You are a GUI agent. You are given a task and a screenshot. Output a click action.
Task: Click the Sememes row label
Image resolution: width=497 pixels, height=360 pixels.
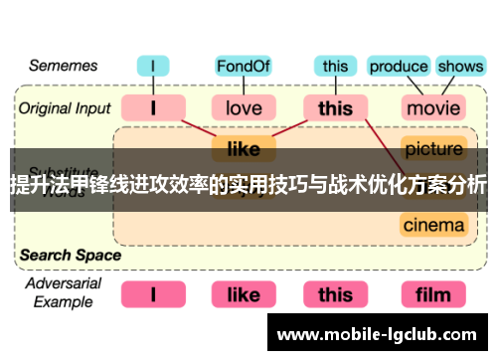point(62,67)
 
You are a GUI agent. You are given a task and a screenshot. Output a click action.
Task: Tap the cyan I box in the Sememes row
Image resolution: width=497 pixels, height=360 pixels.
point(152,67)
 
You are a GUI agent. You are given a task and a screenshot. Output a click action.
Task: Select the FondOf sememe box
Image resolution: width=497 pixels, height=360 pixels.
point(243,67)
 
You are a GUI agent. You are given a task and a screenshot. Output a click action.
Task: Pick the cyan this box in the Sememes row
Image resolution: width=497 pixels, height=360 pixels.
point(335,67)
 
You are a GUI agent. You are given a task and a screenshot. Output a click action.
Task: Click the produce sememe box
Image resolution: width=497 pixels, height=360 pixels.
point(398,67)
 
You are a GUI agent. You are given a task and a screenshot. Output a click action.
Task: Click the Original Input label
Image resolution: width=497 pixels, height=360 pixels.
point(63,106)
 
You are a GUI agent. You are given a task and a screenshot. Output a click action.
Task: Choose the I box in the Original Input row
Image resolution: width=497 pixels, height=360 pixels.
point(152,106)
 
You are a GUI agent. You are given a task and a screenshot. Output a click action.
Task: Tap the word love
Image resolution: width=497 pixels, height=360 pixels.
point(244,106)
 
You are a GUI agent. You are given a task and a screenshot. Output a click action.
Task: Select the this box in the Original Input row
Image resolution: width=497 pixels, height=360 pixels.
point(335,106)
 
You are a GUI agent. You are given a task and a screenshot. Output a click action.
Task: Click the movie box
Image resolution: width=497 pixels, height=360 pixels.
point(433,106)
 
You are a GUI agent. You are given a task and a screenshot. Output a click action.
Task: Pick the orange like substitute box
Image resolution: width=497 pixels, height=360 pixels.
point(244,149)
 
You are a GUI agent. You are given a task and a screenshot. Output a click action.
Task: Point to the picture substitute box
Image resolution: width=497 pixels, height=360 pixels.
point(433,149)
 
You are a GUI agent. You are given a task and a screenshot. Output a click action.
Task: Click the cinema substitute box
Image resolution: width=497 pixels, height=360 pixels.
point(433,225)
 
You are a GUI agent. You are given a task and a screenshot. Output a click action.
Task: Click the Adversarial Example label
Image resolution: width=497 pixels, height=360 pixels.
point(62,292)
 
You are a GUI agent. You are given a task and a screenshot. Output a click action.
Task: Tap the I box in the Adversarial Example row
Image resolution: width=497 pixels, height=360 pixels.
point(152,294)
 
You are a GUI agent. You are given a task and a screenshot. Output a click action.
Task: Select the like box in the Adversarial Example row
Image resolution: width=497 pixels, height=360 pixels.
point(244,294)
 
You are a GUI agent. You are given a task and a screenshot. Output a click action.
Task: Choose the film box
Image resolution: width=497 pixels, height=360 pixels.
point(433,294)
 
